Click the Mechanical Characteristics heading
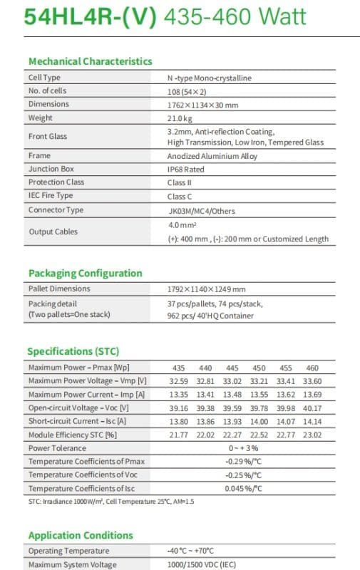90,61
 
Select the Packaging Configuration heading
85,273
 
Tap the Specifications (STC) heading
73,351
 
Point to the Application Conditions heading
81,535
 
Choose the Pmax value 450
259,368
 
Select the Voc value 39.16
179,408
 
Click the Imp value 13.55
259,395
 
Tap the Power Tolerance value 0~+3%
242,448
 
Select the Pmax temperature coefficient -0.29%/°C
243,462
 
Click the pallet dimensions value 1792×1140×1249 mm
206,289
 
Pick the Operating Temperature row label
68,551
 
